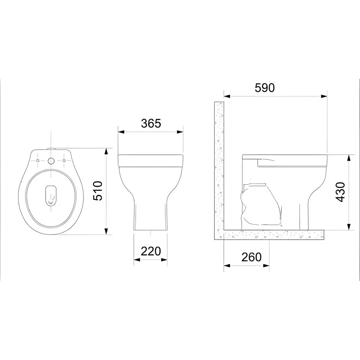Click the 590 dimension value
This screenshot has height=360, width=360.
(x=265, y=88)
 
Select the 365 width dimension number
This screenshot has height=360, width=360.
(x=151, y=123)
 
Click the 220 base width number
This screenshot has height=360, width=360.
(x=151, y=251)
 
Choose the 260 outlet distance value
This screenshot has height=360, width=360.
(x=251, y=257)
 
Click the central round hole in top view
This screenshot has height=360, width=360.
(x=51, y=161)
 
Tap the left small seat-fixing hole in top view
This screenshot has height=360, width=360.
(x=38, y=160)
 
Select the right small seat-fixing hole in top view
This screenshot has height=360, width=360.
(x=64, y=160)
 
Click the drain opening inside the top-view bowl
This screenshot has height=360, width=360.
(x=50, y=196)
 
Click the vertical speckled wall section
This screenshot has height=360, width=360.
(x=219, y=164)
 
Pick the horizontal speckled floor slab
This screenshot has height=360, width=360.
(x=272, y=235)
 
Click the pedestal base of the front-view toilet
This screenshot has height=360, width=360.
(x=150, y=216)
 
